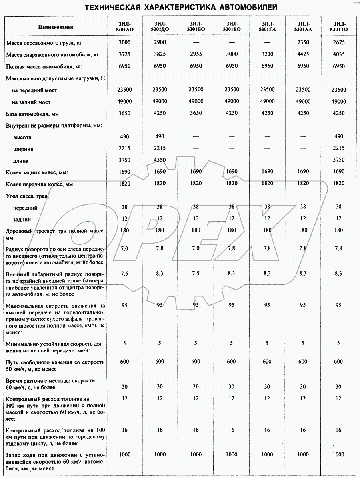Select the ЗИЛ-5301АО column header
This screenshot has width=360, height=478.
(x=124, y=26)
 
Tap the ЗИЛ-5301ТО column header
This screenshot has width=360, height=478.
(x=338, y=26)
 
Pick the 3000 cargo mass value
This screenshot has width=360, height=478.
(x=124, y=42)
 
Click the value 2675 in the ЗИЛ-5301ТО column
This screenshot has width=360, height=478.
(x=338, y=42)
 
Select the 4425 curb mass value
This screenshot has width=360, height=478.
(x=303, y=54)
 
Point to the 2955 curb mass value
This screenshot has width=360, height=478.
(x=196, y=54)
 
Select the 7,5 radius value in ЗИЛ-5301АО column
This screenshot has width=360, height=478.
(x=124, y=273)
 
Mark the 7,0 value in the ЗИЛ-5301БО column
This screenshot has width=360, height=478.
(x=196, y=248)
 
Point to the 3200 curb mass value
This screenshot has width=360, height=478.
(x=267, y=54)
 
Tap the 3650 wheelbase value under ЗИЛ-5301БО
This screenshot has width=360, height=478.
(x=196, y=113)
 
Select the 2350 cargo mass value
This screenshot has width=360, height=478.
(x=303, y=42)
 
